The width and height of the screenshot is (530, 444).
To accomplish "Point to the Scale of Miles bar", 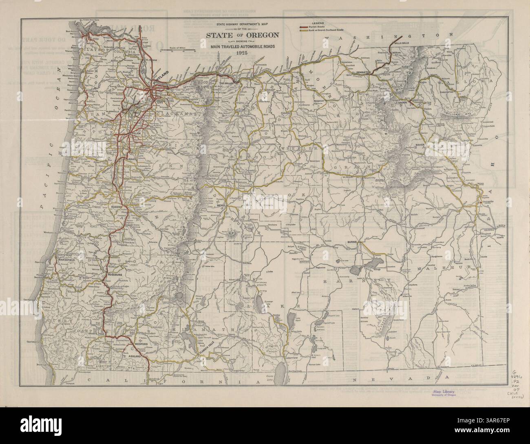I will pyautogui.click(x=177, y=50).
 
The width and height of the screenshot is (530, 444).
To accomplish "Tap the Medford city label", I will pyautogui.click(x=140, y=345).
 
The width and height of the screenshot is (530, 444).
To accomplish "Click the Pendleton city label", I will pyautogui.click(x=363, y=72).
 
